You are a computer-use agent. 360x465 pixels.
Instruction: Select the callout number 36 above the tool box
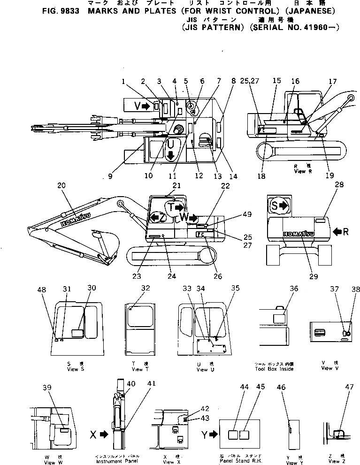pyautogui.click(x=294, y=289)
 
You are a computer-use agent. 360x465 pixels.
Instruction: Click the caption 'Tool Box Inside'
pyautogui.click(x=274, y=369)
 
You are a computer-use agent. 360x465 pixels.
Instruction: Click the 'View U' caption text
pyautogui.click(x=202, y=369)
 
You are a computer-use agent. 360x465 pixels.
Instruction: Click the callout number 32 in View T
pyautogui.click(x=146, y=289)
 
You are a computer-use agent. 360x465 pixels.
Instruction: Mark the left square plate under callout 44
pyautogui.click(x=233, y=435)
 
